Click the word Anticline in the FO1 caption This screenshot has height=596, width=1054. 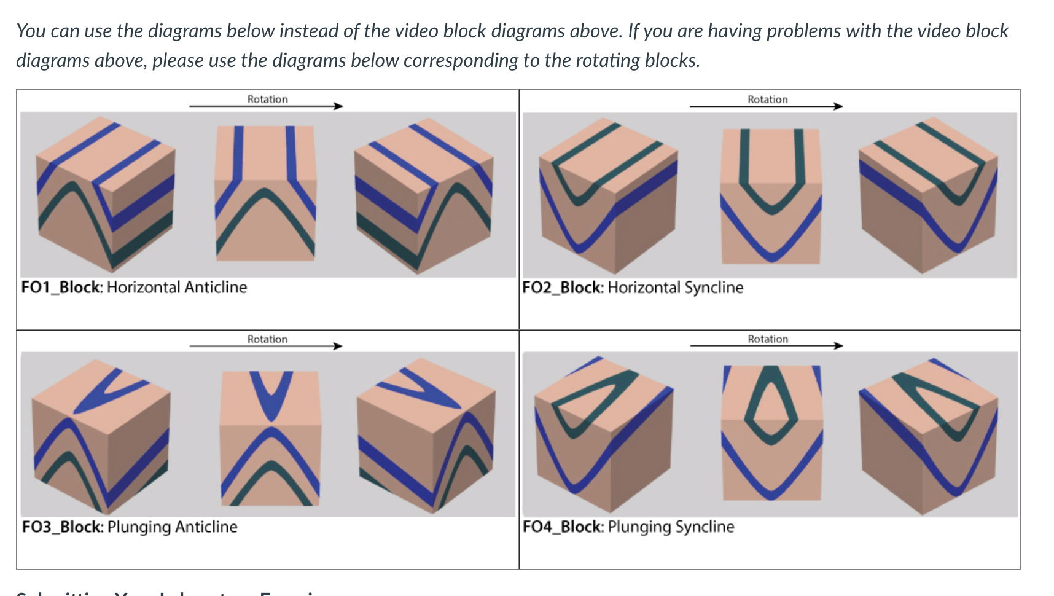tap(216, 287)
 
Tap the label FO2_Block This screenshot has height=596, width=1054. tap(562, 288)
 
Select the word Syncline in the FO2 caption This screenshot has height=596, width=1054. tap(714, 288)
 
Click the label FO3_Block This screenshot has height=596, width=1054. tap(61, 527)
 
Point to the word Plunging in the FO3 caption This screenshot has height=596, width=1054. tap(139, 527)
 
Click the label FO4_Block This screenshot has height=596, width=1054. tap(563, 527)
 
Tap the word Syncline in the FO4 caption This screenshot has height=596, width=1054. tap(705, 527)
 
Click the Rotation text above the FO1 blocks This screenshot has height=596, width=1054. tap(267, 99)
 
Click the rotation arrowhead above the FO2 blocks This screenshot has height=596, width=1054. tap(838, 106)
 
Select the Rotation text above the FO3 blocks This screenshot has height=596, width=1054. tap(267, 339)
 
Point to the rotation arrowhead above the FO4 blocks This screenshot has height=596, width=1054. tap(838, 346)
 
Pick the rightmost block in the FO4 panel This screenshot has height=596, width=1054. tap(927, 436)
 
